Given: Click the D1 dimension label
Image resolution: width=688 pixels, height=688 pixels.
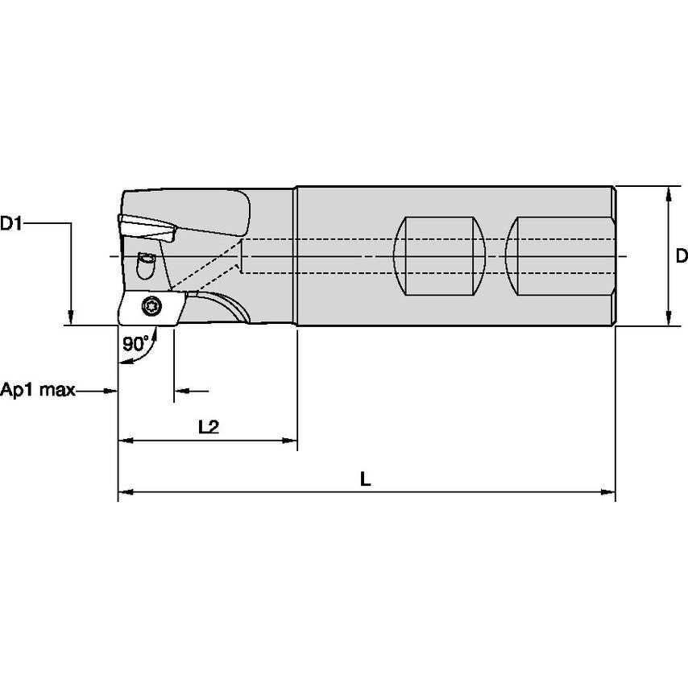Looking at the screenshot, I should point(12,224).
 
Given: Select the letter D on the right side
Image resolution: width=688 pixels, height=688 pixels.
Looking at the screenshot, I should point(681,256).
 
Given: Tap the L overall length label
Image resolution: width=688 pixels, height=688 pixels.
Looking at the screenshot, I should point(365,479).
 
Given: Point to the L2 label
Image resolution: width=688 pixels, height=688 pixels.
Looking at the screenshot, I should point(209,427).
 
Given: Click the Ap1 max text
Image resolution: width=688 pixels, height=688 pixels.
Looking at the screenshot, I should point(38,391).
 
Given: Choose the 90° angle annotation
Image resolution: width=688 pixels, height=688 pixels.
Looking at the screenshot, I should point(135,343).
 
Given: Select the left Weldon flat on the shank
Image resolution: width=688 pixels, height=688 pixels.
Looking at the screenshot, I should point(438,256).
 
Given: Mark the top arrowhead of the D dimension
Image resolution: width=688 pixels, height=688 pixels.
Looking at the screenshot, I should point(669,193).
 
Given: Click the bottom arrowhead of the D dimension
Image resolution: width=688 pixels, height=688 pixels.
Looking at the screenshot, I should point(669,319).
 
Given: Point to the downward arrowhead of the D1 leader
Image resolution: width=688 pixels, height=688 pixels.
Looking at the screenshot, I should point(71,317).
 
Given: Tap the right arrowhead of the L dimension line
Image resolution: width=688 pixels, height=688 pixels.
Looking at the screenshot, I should point(609,491).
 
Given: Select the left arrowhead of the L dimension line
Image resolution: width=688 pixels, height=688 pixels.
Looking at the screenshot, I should point(125,491).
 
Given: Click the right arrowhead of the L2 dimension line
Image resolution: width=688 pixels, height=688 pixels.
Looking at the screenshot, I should point(292,441).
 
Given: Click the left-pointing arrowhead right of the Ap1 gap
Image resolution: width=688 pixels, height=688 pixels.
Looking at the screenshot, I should point(181,392).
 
